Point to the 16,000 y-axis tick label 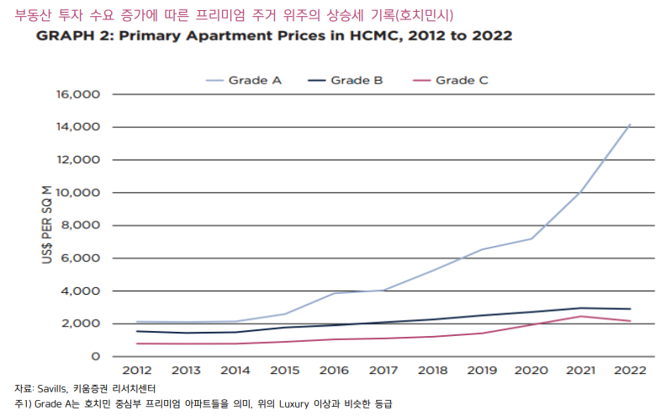pos(77,94)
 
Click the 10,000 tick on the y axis pos(77,193)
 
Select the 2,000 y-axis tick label pos(81,324)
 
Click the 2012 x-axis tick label pos(137,371)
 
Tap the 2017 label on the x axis pos(383,371)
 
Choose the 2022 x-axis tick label pos(629,371)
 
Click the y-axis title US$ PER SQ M pos(47,225)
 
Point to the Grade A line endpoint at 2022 pos(629,125)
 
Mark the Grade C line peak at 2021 pos(580,317)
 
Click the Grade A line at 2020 pos(531,238)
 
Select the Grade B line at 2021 pos(580,308)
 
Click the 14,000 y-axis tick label pos(77,127)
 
